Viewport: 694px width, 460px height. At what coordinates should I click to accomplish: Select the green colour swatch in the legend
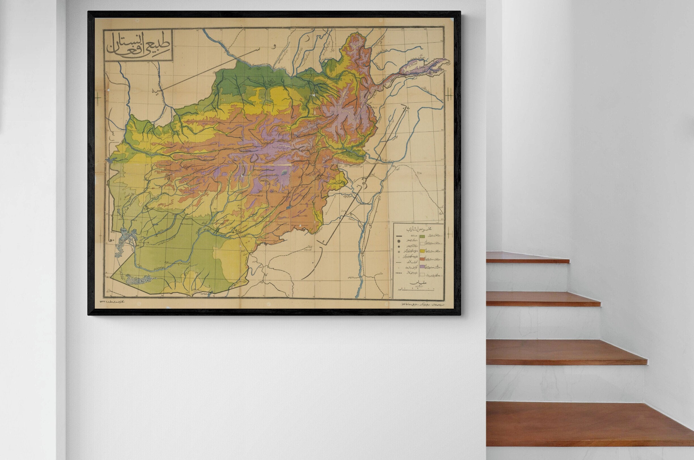[422, 236]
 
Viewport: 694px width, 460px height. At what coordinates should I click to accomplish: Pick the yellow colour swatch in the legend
[422, 251]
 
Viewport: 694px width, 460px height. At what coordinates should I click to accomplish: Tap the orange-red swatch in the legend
[422, 259]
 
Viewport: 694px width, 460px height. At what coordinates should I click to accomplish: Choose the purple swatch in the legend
[422, 267]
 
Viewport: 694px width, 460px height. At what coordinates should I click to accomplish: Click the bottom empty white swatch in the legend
[422, 275]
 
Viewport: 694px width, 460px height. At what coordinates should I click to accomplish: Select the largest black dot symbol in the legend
[399, 241]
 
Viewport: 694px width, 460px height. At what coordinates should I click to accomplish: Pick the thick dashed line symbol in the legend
[399, 273]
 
